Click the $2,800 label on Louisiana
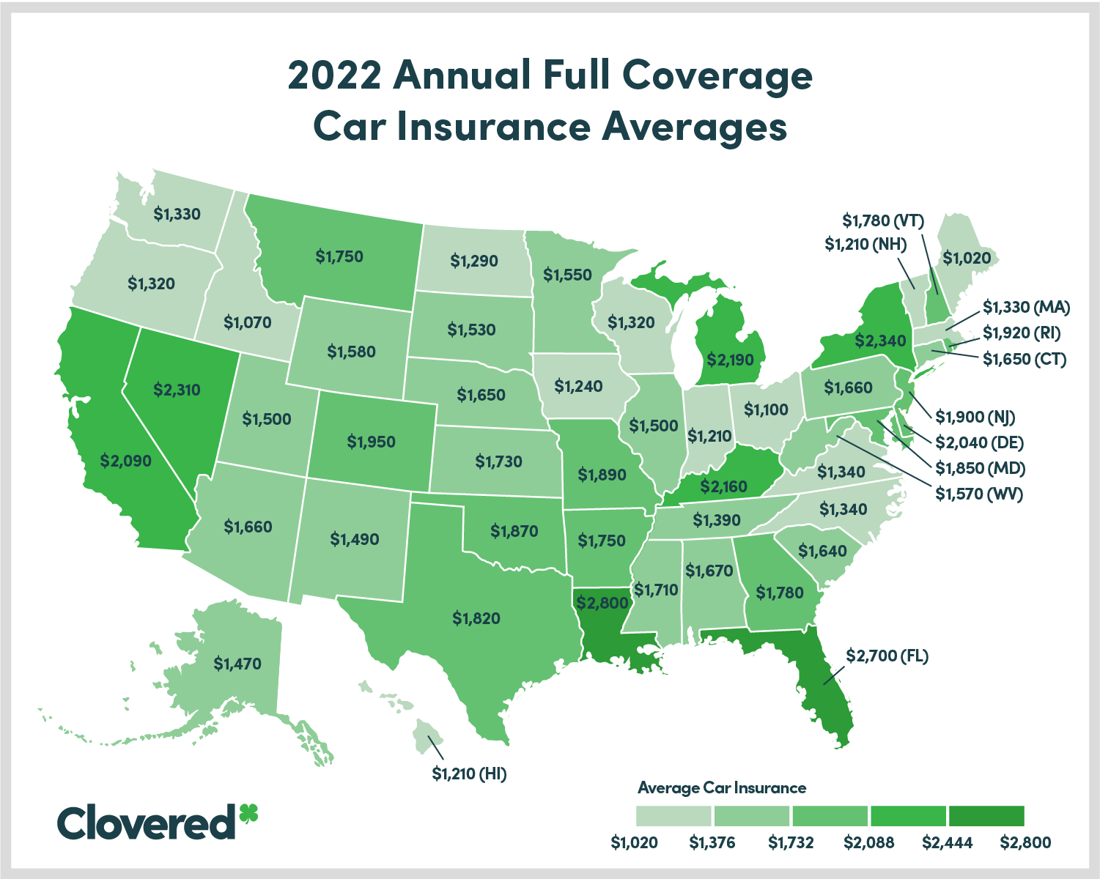[602, 604]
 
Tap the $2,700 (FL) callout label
[887, 656]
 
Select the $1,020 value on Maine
[967, 258]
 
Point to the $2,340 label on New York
[880, 341]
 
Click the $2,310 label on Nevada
[177, 390]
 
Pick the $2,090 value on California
[126, 461]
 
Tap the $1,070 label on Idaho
[247, 322]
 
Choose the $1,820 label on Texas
[476, 618]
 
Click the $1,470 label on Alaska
[237, 664]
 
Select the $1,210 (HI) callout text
[469, 773]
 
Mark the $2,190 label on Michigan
[730, 359]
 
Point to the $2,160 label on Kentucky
[723, 486]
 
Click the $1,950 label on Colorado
[371, 442]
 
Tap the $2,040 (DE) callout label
[979, 442]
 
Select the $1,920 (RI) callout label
[1022, 333]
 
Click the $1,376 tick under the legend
[712, 842]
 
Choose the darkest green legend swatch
[986, 815]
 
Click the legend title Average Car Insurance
[721, 788]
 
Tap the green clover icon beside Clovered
[248, 814]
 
